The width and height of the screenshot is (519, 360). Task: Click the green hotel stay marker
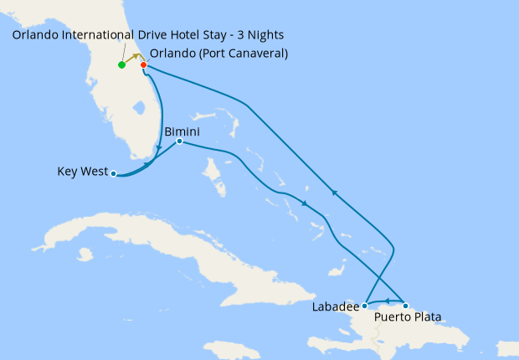click(x=122, y=64)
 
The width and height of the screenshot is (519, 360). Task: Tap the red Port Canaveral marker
click(x=144, y=65)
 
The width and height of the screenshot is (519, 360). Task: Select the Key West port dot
click(x=114, y=175)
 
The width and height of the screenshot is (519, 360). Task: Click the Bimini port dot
click(x=180, y=141)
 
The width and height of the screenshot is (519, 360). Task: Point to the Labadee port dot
click(x=365, y=306)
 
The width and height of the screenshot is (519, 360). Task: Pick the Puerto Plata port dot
click(x=406, y=306)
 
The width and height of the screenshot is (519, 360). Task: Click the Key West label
click(x=82, y=172)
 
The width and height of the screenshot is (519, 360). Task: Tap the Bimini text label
click(x=182, y=132)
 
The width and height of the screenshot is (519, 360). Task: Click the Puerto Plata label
click(x=408, y=316)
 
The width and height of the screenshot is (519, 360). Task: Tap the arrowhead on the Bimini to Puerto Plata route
click(x=305, y=204)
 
